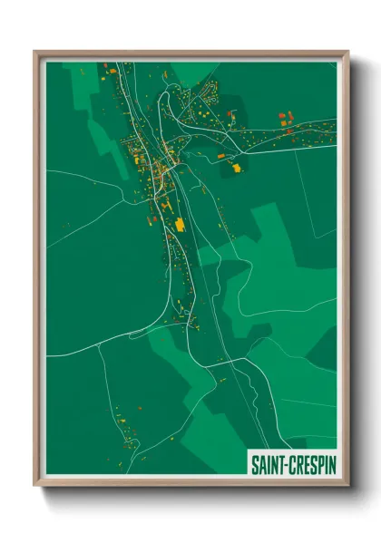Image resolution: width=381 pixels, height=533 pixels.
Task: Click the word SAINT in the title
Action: [268, 464]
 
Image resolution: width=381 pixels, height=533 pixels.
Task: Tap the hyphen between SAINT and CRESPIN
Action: [286, 464]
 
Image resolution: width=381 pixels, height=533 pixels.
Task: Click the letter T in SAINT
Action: [280, 464]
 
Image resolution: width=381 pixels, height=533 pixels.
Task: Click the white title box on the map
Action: [292, 464]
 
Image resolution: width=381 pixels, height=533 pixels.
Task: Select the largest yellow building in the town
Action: [180, 223]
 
